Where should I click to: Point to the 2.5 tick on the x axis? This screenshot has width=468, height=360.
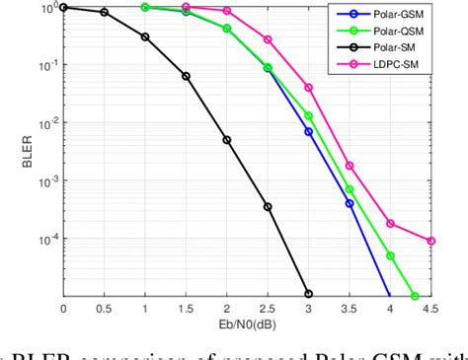[267, 310]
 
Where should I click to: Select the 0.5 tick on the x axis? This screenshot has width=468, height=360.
[104, 310]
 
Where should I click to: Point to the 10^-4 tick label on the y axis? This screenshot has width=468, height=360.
[43, 239]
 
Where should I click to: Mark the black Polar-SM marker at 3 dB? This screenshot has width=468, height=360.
[308, 294]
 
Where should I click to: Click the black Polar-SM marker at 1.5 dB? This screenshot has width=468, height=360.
[186, 76]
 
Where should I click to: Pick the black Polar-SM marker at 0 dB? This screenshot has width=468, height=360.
[63, 7]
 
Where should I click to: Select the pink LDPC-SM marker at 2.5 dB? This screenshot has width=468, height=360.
[268, 39]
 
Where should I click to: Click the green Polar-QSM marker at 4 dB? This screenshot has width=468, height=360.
[390, 255]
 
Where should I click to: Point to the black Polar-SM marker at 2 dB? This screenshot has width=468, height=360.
[226, 140]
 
